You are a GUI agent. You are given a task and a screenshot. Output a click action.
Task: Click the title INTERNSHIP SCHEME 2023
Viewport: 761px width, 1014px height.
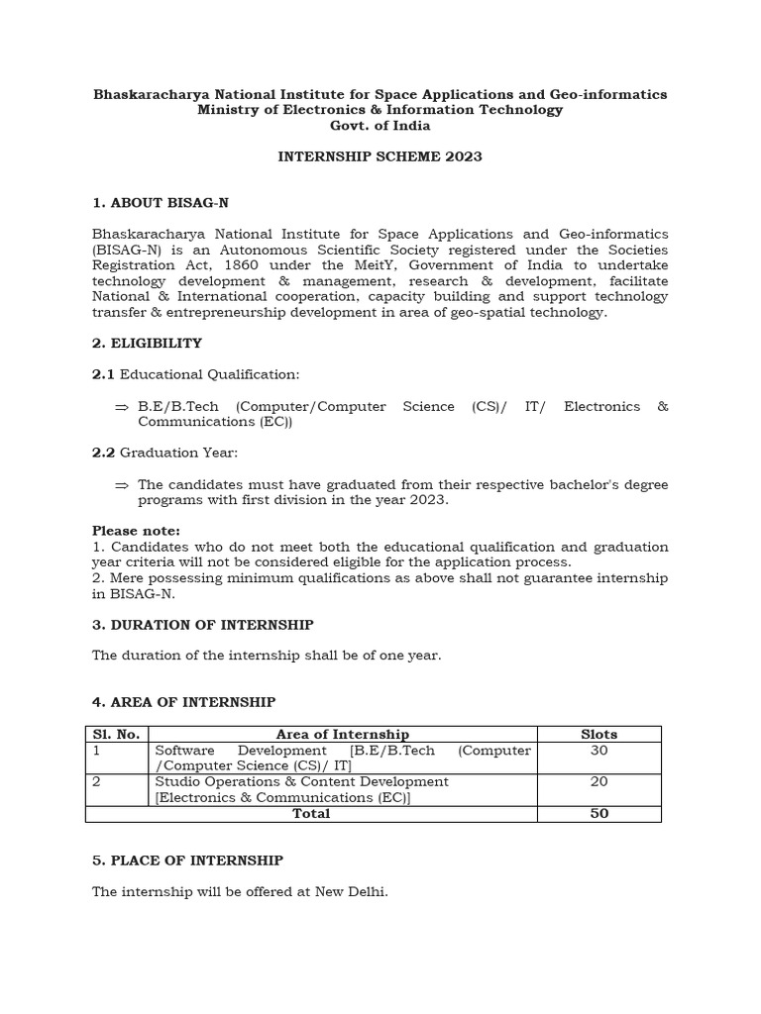[380, 156]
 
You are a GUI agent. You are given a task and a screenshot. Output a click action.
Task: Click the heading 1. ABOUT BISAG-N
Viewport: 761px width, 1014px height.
[160, 203]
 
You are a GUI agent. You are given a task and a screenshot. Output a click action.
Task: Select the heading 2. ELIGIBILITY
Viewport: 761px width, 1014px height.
[147, 343]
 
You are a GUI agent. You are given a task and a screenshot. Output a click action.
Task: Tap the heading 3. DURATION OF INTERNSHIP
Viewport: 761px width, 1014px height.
[202, 625]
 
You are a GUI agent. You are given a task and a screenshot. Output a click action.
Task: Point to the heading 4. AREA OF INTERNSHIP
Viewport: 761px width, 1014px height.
[183, 702]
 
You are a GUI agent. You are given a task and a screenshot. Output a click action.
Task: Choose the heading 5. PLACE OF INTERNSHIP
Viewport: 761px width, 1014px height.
[187, 861]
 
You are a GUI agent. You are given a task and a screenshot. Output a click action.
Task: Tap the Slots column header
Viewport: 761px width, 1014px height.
[598, 734]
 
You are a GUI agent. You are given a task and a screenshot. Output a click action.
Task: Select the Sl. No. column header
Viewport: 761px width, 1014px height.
[116, 734]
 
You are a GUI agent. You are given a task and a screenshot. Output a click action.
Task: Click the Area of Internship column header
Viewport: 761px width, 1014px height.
[343, 734]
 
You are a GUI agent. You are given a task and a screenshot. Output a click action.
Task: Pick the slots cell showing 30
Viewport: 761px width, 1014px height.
[598, 751]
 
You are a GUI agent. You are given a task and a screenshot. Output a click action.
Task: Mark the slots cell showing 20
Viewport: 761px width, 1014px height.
[598, 781]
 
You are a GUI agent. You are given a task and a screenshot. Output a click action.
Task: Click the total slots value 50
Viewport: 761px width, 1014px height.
[598, 813]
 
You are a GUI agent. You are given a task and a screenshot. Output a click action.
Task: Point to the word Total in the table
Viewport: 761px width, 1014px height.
[311, 813]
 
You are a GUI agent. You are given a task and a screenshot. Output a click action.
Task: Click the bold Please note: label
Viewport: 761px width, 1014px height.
[136, 531]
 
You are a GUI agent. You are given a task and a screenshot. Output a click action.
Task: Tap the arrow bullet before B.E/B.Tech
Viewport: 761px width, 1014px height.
[122, 407]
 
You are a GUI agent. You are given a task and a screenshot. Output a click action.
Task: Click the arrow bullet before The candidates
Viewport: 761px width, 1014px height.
[122, 485]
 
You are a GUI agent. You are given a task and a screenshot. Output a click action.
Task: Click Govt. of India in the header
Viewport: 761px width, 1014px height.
[380, 126]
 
